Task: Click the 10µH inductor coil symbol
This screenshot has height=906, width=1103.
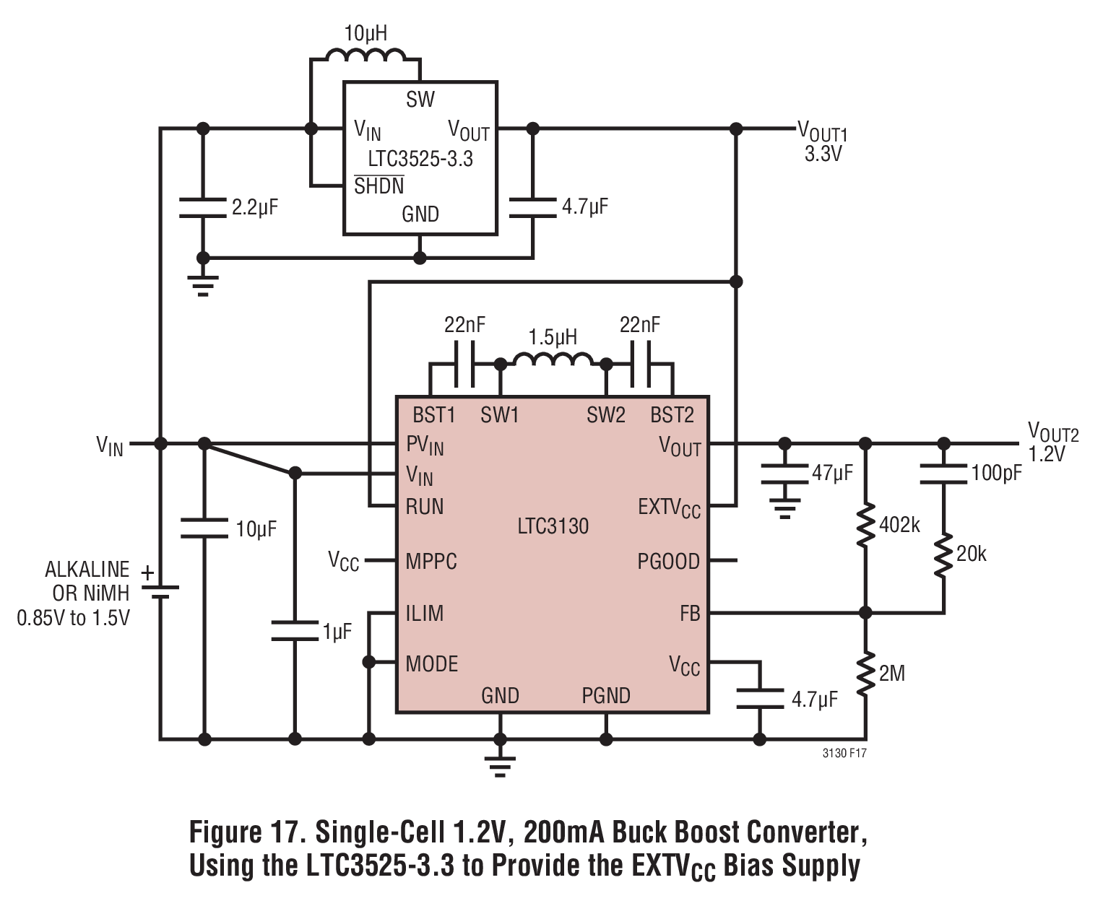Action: tap(365, 55)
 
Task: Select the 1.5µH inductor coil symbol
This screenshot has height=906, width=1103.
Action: tap(553, 359)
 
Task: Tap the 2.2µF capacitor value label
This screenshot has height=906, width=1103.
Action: tap(255, 207)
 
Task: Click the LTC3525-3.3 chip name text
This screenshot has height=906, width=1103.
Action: tap(420, 158)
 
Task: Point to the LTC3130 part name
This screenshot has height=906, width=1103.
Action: tap(553, 526)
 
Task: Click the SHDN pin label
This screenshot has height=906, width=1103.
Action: tap(379, 185)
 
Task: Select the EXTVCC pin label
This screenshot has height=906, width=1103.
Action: tap(669, 508)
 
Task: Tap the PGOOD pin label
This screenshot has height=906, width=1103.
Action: tap(668, 562)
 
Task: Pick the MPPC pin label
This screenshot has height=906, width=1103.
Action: tap(431, 562)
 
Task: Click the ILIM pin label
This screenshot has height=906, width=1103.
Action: tap(425, 613)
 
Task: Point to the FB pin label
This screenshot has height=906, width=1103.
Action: tap(690, 613)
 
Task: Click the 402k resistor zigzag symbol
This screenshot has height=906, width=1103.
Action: tap(865, 525)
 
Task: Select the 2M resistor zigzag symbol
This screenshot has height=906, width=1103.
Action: tap(865, 674)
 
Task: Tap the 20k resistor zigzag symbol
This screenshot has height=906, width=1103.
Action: tap(943, 554)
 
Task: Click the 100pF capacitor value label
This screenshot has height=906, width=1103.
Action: tap(996, 473)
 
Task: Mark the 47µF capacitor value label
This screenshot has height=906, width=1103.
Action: tap(832, 473)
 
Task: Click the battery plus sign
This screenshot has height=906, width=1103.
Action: tap(148, 573)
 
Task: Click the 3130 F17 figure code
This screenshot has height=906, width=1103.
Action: tap(844, 754)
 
